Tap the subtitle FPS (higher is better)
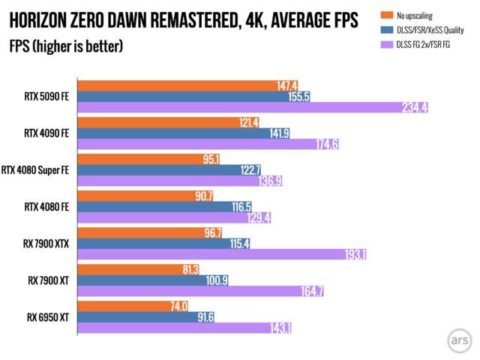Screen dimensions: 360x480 point(67,46)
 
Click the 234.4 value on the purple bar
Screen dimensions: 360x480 point(413,108)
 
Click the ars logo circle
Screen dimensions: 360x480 point(457,338)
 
